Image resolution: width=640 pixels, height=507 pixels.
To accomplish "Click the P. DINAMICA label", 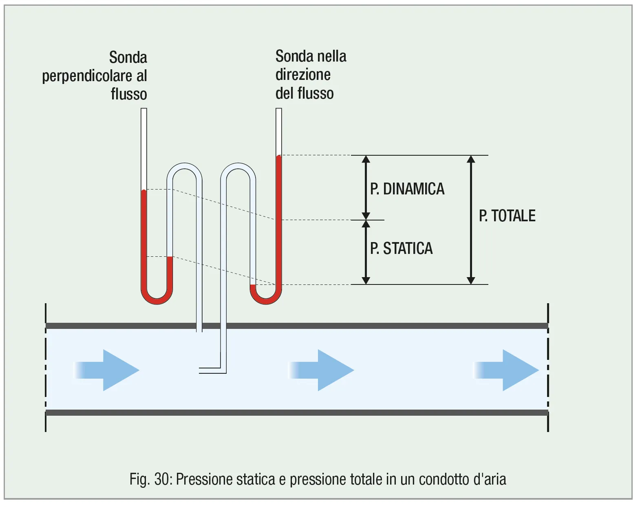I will coord(407,189).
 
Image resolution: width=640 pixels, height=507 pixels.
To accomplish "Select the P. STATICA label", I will coord(401,248).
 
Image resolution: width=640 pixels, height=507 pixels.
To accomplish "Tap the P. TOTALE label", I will coord(507,216).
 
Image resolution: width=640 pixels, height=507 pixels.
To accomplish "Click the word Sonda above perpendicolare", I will coord(128,57).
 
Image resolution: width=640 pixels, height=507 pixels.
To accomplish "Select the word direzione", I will coord(303,75).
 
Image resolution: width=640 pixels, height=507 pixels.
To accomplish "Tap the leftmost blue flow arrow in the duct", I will coord(108,370).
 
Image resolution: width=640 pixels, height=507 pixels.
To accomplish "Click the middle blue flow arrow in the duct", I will coord(322,370).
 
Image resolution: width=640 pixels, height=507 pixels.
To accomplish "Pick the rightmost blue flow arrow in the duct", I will coord(507,370).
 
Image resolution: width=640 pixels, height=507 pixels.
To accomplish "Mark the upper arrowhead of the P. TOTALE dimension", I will coord(471,159).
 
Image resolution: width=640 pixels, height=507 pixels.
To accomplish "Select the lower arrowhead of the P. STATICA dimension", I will coord(366,280).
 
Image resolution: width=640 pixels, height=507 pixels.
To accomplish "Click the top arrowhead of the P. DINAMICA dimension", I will coord(366,159).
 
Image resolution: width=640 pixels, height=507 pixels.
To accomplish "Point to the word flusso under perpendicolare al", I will coord(129,94).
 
